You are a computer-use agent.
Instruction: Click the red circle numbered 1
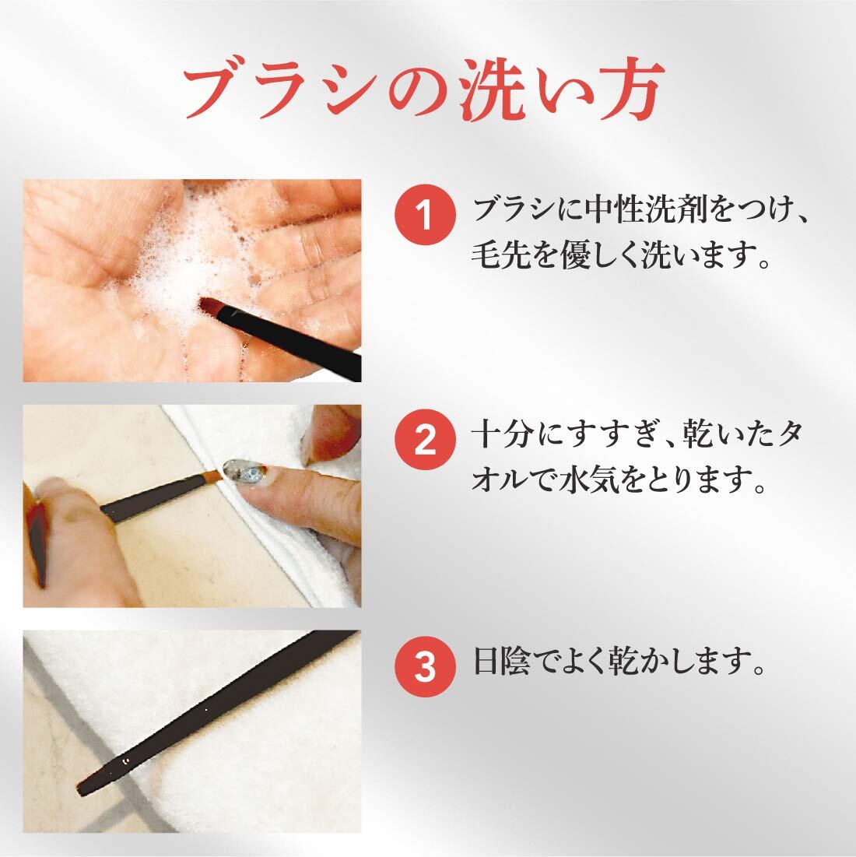(425, 214)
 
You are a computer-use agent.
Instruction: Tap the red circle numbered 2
(425, 440)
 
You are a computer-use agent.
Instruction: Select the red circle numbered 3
(425, 666)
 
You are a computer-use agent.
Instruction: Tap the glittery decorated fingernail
(244, 471)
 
